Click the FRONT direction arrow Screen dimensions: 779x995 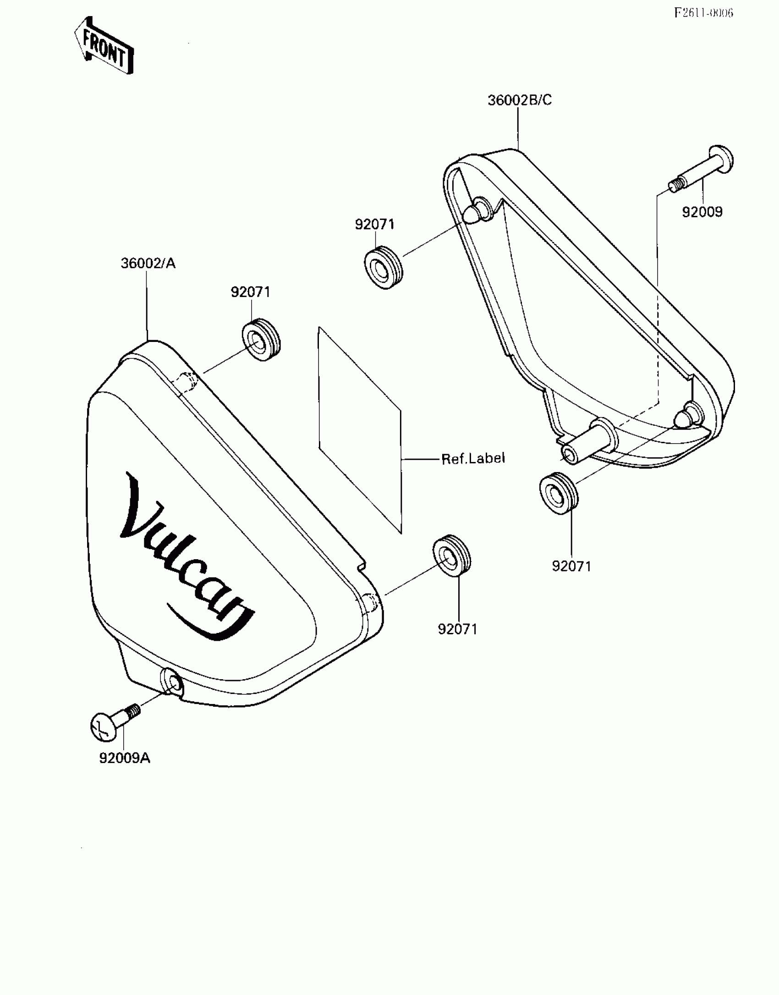(104, 46)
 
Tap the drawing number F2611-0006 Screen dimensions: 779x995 (703, 12)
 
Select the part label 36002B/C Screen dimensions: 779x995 (519, 100)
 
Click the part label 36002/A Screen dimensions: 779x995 (148, 264)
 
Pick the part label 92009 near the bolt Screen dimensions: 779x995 (702, 212)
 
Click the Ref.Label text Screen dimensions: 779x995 (473, 458)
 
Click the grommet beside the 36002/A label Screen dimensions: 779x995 (261, 339)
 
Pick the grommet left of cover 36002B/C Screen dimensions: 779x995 (384, 268)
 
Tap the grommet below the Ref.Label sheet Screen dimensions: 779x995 (452, 556)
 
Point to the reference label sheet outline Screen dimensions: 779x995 (360, 431)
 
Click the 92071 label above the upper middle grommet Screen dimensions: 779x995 (374, 225)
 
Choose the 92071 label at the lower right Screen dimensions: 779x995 (571, 566)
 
